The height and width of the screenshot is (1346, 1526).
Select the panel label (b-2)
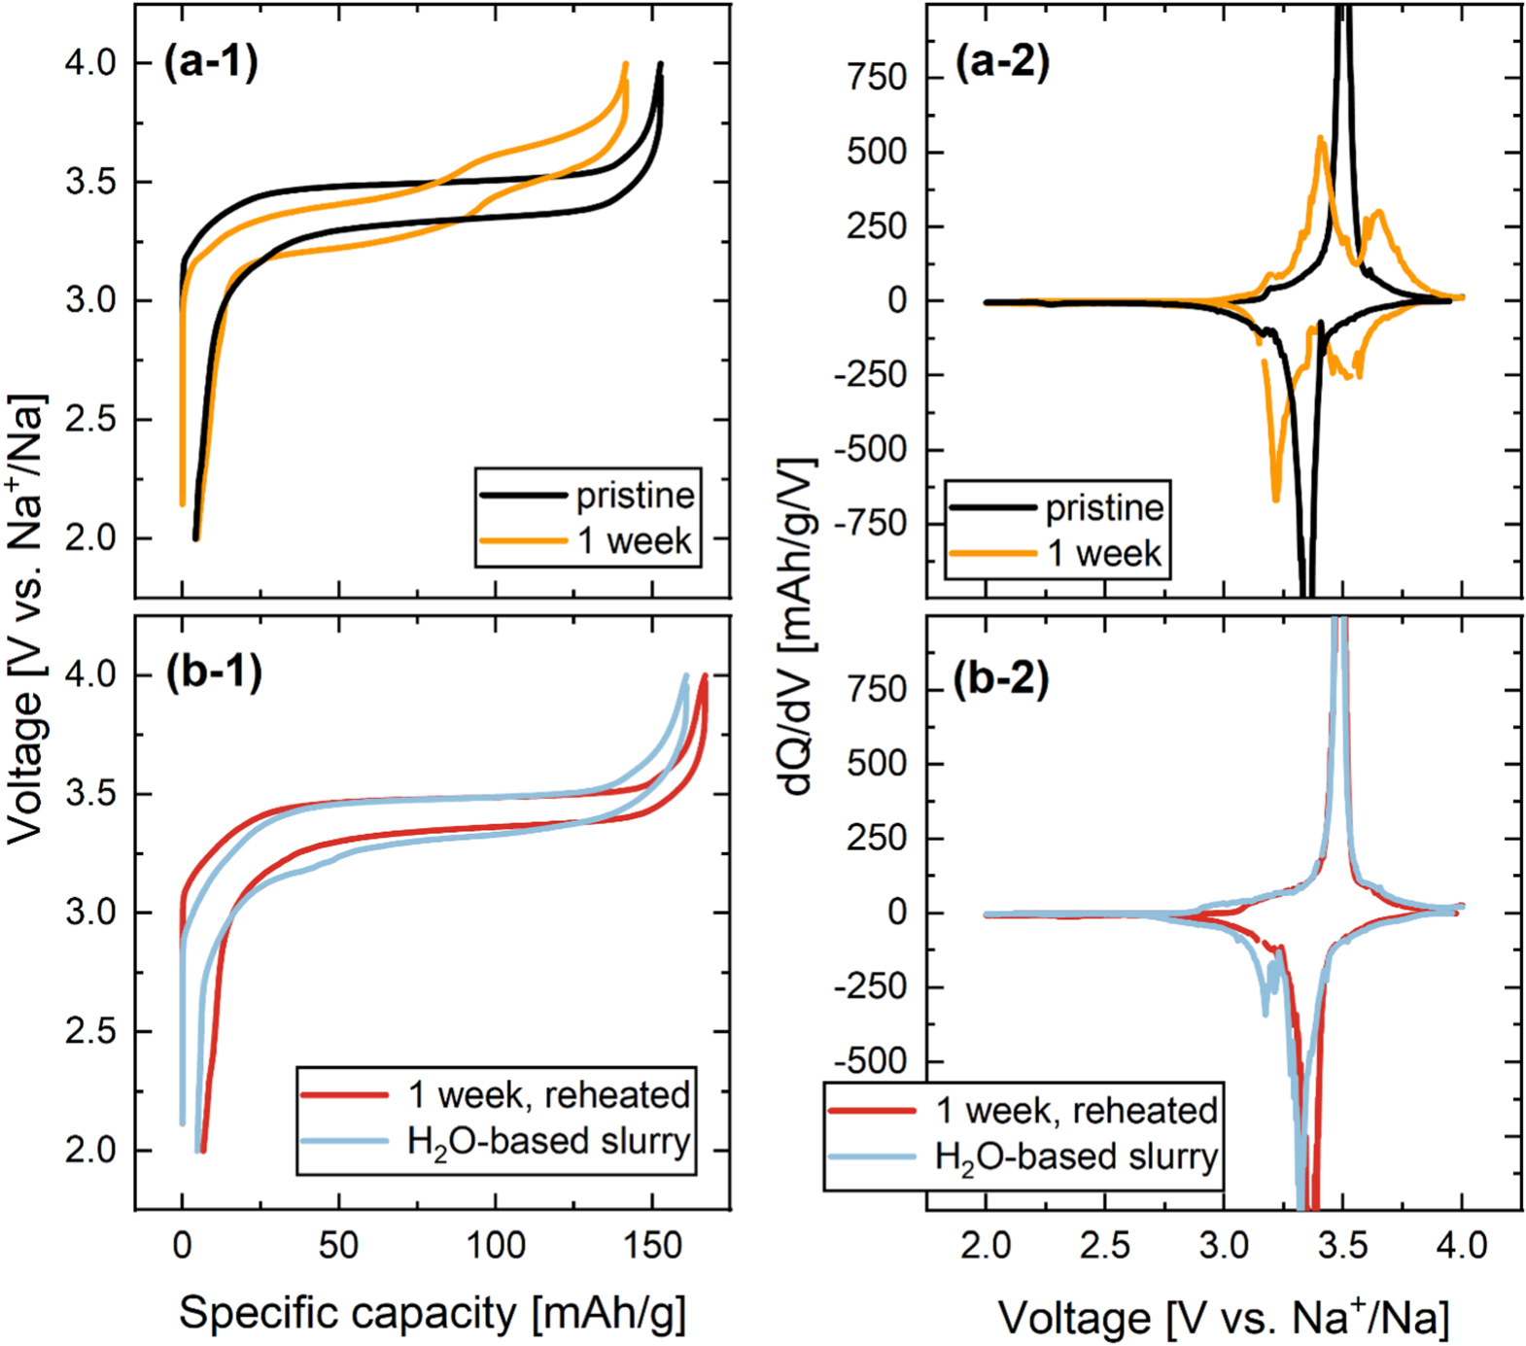[1001, 679]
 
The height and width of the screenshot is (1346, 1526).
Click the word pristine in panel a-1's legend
[635, 496]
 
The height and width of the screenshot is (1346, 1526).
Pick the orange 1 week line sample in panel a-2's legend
[992, 553]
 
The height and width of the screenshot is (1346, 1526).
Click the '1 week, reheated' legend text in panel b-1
[549, 1095]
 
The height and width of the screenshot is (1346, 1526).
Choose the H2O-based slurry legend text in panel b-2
[1076, 1156]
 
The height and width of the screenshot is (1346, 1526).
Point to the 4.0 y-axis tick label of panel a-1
[90, 63]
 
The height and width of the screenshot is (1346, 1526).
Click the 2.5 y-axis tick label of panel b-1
[90, 1031]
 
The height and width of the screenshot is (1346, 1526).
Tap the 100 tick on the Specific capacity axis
[496, 1245]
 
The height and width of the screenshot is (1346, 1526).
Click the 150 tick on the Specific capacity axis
[652, 1245]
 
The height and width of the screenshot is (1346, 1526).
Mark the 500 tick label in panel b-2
[877, 764]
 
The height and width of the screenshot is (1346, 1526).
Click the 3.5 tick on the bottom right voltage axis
[1343, 1245]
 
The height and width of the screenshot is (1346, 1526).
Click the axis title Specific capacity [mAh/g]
[433, 1313]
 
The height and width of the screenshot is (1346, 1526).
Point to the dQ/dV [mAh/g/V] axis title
[799, 627]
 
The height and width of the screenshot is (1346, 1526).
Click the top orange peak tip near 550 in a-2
[1321, 137]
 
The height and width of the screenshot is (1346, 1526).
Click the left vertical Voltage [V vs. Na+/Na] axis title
[27, 619]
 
